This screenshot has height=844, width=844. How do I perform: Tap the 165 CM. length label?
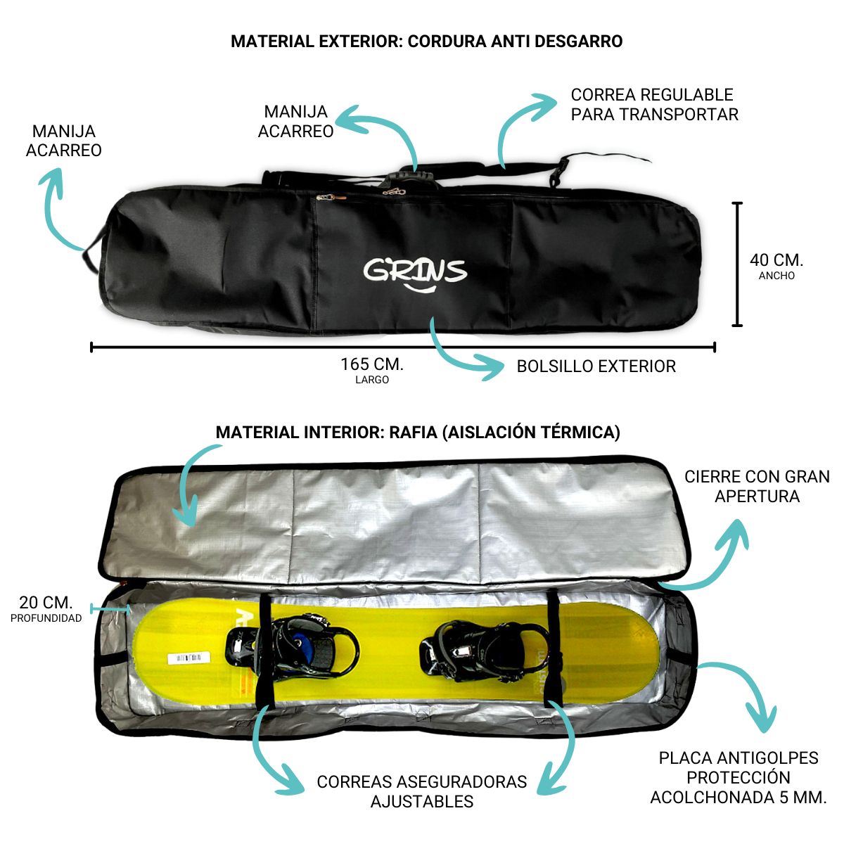click(x=372, y=364)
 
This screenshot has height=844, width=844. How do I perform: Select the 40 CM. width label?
click(x=776, y=261)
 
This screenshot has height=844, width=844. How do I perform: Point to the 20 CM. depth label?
click(x=46, y=603)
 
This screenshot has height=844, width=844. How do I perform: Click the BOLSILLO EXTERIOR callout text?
click(x=596, y=366)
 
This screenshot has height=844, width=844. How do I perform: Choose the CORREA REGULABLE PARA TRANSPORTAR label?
click(x=654, y=105)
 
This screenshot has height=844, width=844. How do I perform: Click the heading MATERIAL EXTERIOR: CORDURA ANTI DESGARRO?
click(x=426, y=41)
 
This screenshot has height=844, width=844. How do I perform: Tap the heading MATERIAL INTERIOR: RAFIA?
click(x=418, y=433)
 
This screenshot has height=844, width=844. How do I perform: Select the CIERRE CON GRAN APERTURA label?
click(x=757, y=487)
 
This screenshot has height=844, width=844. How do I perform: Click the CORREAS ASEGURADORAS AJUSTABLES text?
click(x=422, y=791)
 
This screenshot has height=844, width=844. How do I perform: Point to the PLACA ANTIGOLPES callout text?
click(x=738, y=777)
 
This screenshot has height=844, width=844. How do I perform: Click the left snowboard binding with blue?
click(x=295, y=644)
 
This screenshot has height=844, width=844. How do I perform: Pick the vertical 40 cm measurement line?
click(x=737, y=264)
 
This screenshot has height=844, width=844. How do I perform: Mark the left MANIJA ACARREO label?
click(x=63, y=141)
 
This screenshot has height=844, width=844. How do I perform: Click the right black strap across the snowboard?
click(x=552, y=647)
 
